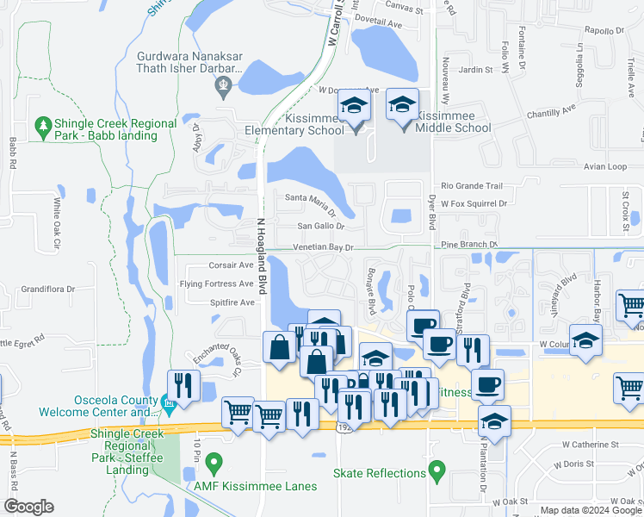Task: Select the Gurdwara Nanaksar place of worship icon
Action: click(x=224, y=84)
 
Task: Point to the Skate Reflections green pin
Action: click(x=437, y=471)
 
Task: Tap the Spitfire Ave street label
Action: click(x=232, y=302)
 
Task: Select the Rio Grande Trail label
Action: click(x=471, y=186)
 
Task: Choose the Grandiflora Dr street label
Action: click(x=50, y=290)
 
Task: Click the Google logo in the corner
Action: click(x=28, y=506)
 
